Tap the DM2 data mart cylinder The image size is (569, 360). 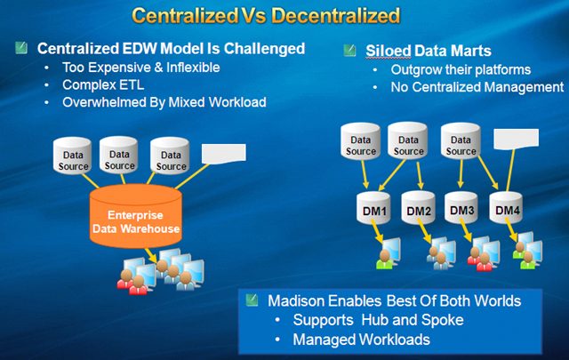tap(419, 211)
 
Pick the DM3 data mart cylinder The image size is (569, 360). tap(462, 211)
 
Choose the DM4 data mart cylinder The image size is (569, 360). tap(508, 210)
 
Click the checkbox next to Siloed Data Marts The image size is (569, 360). tap(349, 51)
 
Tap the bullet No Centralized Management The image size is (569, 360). tap(477, 88)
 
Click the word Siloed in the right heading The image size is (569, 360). tap(389, 51)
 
